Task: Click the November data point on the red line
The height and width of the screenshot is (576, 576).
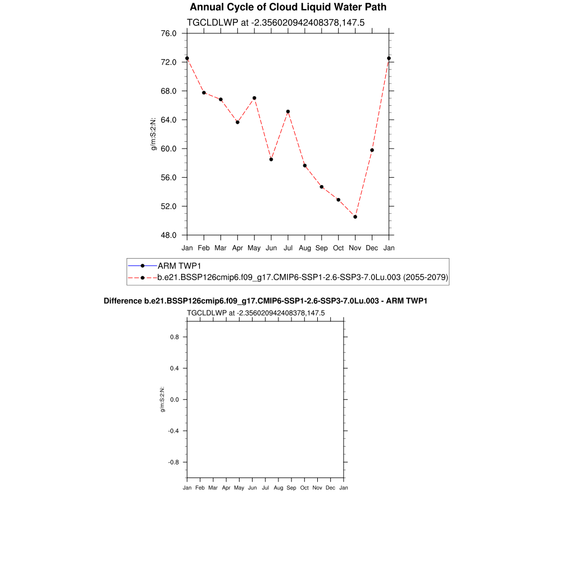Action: pos(355,217)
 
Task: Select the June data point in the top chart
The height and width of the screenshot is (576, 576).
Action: pos(271,159)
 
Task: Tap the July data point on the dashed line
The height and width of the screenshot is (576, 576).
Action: pos(288,111)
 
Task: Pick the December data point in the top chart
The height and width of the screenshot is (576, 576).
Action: pos(372,150)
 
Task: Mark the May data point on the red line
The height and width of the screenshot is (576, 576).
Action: pos(254,98)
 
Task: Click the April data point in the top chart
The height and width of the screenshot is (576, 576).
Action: pos(237,122)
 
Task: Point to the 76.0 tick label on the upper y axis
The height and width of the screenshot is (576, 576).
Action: pos(169,33)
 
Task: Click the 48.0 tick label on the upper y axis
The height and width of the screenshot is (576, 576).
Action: pos(169,235)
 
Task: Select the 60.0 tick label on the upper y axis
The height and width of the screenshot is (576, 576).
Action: pos(169,148)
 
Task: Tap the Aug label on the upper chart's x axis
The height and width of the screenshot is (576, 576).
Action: pos(305,248)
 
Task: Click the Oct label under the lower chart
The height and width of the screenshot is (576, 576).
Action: pos(304,488)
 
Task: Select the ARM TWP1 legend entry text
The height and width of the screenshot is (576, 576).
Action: pos(179,265)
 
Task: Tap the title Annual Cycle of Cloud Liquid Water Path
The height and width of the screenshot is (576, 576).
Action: pos(288,7)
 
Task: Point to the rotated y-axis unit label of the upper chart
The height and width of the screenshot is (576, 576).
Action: pos(153,134)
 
